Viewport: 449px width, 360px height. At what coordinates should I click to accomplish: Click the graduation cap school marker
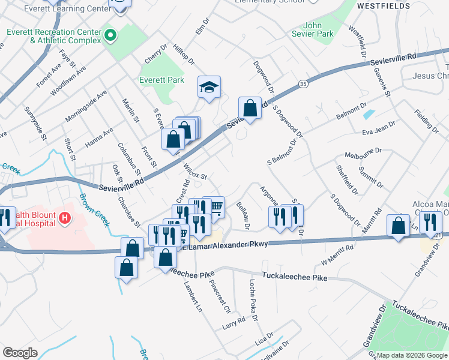click(209, 87)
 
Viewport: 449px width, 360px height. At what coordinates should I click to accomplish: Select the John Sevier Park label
click(318, 29)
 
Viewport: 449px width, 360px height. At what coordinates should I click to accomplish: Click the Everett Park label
click(161, 80)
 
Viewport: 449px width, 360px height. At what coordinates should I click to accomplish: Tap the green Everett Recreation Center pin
click(109, 35)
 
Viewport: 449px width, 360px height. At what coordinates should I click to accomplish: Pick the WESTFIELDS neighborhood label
click(384, 5)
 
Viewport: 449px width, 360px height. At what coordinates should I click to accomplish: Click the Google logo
click(20, 352)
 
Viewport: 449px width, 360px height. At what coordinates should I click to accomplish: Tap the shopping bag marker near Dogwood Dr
click(250, 109)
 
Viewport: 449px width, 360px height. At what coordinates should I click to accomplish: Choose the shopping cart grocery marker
click(214, 207)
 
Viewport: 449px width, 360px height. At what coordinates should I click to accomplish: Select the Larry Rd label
click(234, 322)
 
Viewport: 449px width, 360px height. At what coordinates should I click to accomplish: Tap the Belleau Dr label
click(243, 216)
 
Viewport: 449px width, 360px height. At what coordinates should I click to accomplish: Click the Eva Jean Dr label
click(379, 128)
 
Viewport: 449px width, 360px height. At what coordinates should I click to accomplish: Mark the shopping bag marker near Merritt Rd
click(398, 226)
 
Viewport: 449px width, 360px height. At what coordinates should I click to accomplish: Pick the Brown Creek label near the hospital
click(95, 210)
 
